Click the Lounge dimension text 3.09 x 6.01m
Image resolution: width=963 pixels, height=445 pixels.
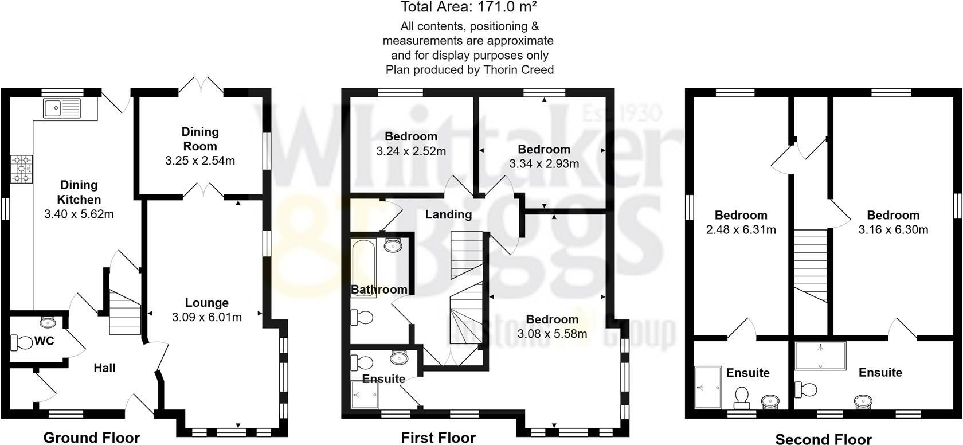coord(206,317)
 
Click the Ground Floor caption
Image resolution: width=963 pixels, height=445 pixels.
coord(92,438)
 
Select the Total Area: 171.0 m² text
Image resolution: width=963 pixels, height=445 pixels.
coord(468,7)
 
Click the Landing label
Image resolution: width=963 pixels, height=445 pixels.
coord(448,214)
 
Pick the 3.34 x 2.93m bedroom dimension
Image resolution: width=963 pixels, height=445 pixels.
coord(544,163)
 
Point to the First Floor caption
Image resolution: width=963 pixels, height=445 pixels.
coord(438,438)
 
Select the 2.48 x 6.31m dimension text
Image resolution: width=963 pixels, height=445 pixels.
coord(741,230)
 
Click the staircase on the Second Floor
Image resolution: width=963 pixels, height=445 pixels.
coord(811,264)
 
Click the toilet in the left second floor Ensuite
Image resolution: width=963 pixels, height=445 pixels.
coord(742,396)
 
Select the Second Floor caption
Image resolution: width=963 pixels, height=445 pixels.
coord(823,439)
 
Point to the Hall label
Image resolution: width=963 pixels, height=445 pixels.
coord(104,368)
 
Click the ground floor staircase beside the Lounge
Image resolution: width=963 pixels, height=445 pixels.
coord(124,313)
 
